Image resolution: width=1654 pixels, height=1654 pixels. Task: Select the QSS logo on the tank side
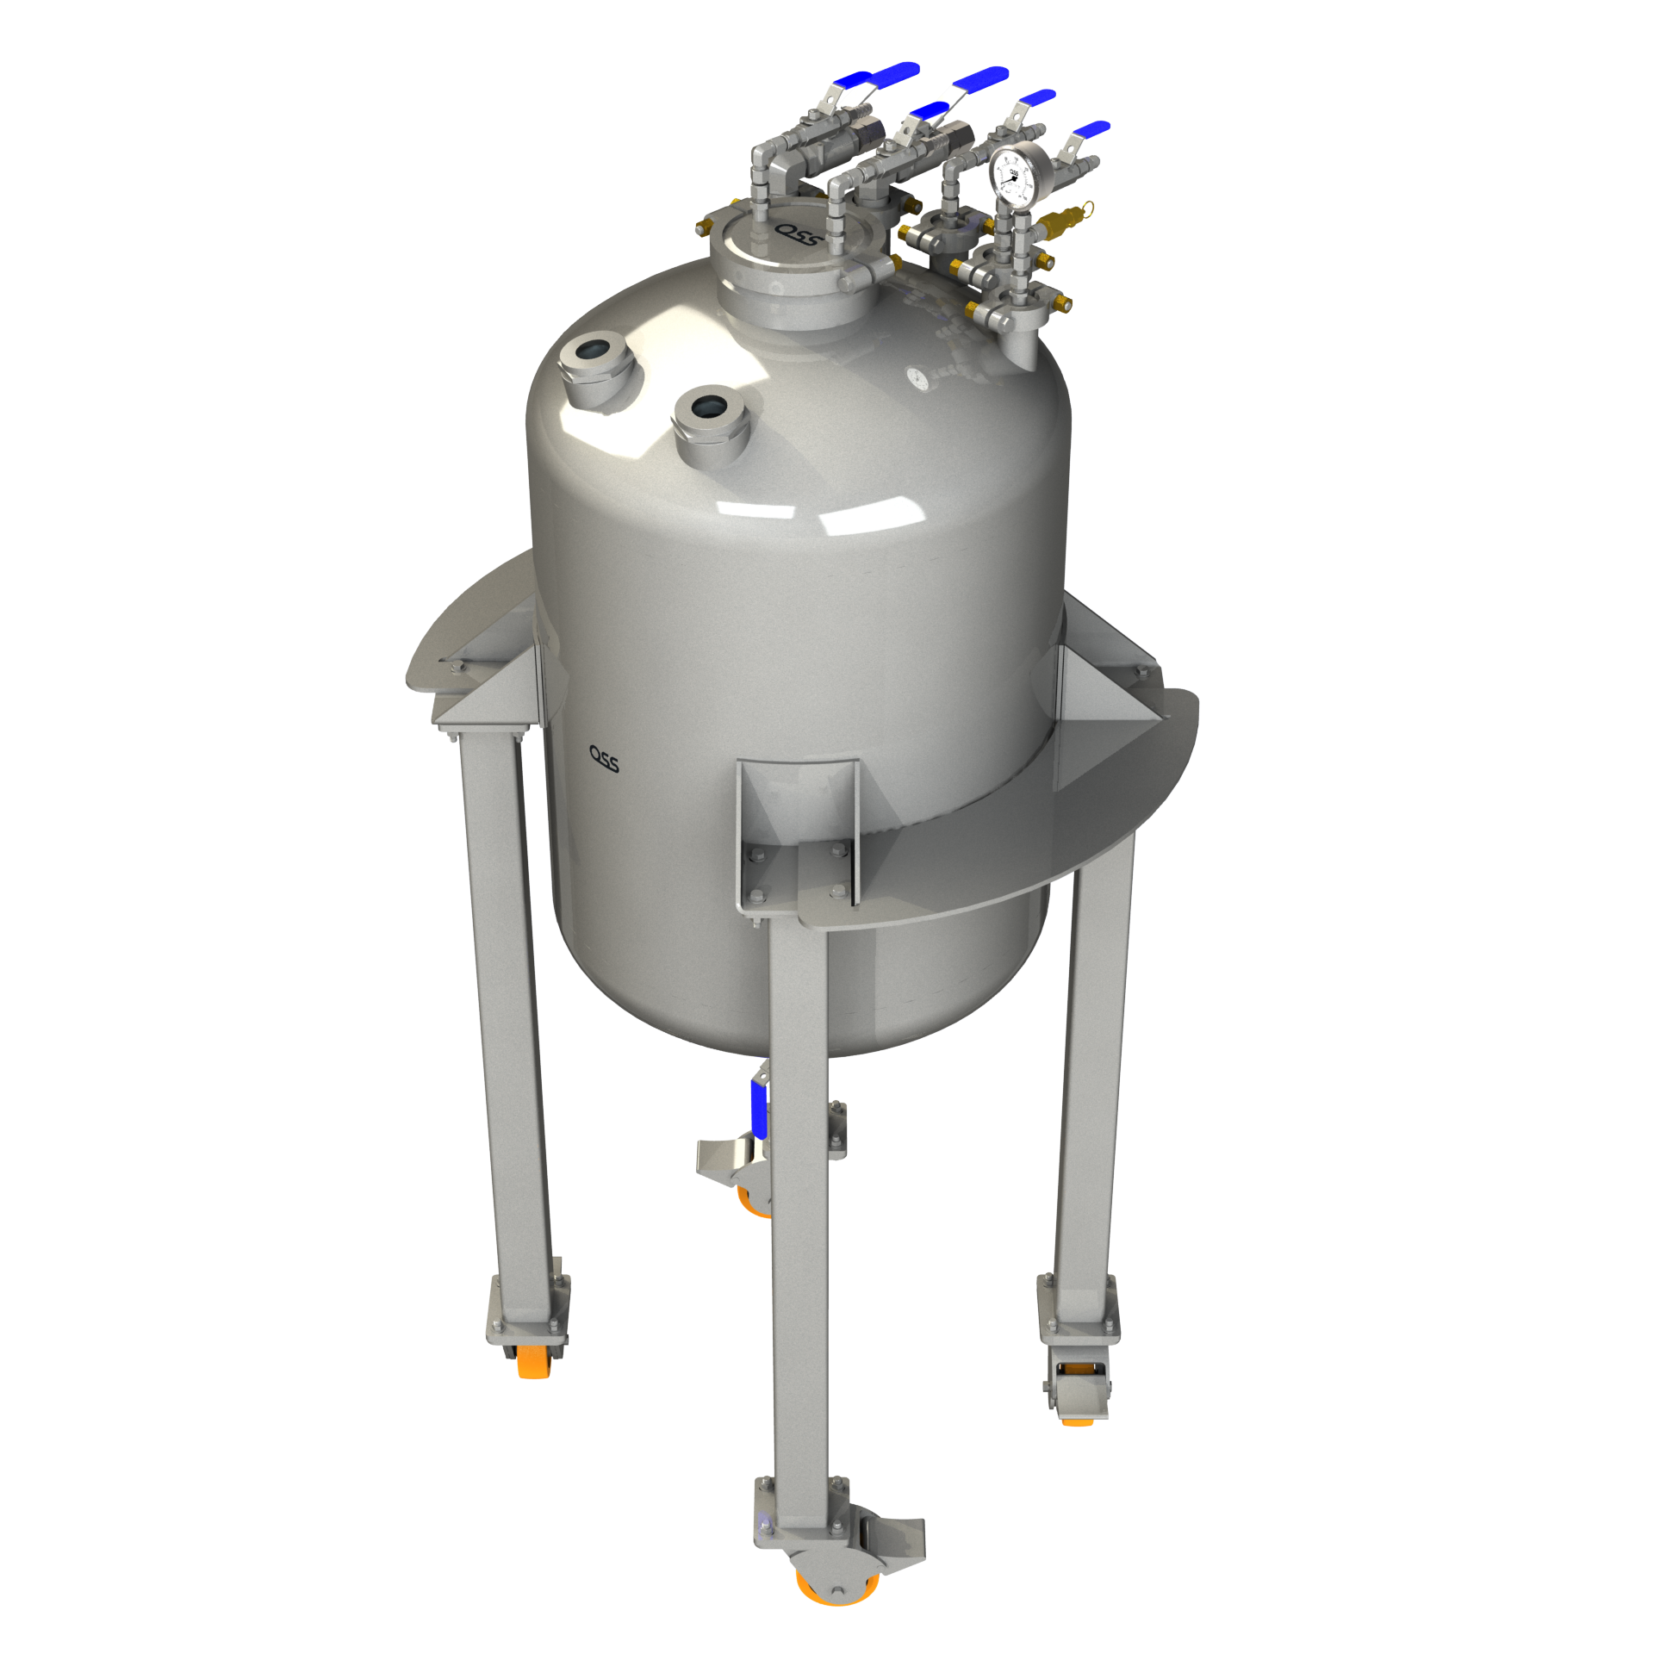point(603,758)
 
